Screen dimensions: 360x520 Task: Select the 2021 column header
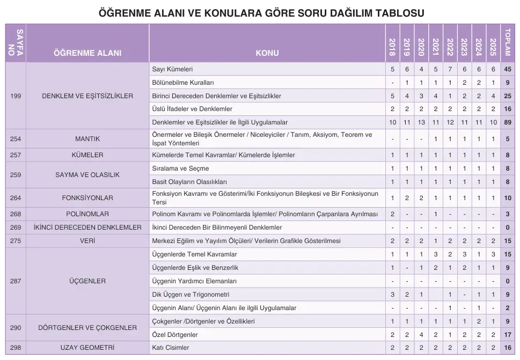(x=435, y=44)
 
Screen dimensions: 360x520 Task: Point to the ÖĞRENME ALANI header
(x=87, y=53)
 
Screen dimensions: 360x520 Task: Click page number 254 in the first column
(x=16, y=139)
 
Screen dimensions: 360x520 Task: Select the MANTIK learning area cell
(x=87, y=139)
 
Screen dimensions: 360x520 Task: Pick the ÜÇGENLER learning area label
(x=87, y=281)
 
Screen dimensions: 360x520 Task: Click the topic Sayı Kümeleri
(x=173, y=69)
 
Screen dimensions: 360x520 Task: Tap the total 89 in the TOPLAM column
(x=507, y=122)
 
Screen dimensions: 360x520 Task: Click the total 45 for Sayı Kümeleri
(x=507, y=69)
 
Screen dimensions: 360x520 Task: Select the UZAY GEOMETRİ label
(x=87, y=348)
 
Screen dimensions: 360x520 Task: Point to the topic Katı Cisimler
(x=171, y=348)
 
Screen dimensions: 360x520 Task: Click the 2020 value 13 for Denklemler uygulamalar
(x=421, y=122)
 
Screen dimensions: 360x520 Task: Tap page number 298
(x=16, y=348)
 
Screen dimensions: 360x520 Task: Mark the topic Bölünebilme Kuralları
(x=184, y=83)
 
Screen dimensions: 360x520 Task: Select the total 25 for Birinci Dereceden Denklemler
(x=507, y=96)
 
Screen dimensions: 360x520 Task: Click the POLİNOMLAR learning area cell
(x=87, y=214)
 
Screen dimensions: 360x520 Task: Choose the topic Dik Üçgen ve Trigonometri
(x=191, y=295)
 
